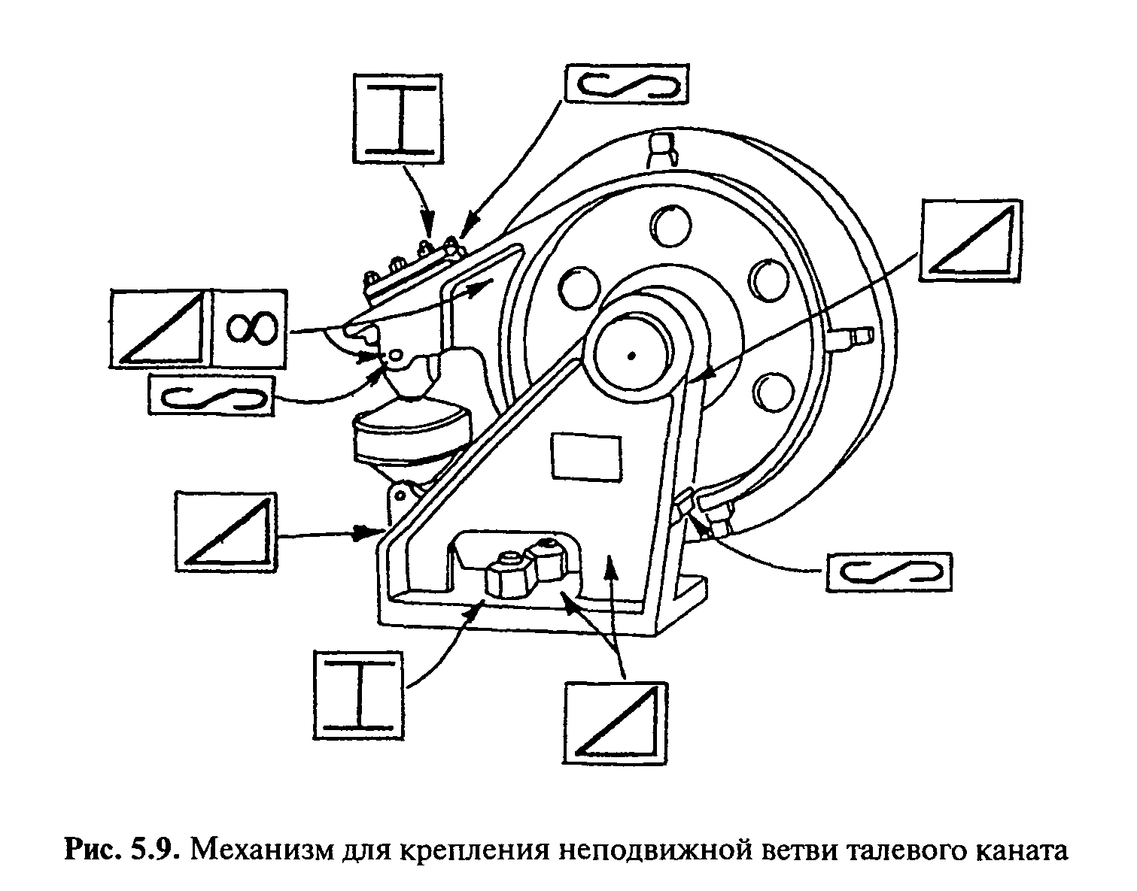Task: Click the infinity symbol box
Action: click(248, 328)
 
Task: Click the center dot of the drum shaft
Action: click(631, 355)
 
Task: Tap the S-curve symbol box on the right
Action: click(888, 573)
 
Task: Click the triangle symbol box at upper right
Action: click(970, 238)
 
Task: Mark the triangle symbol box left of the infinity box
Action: click(158, 328)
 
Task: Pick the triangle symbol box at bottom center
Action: click(615, 723)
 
